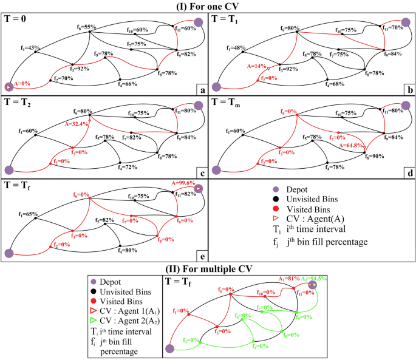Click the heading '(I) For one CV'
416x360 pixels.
coord(208,5)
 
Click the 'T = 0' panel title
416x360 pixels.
coord(17,18)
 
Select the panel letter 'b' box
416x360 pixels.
coord(410,89)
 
